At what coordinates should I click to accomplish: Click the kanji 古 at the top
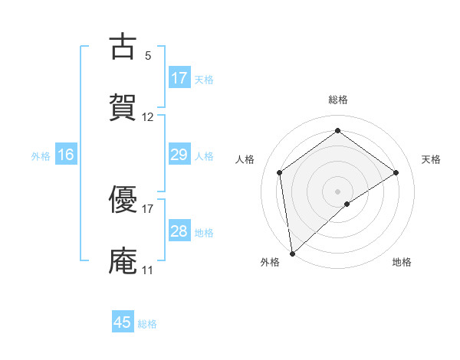point(123,47)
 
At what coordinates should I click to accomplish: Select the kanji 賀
point(123,107)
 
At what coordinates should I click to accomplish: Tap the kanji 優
point(123,201)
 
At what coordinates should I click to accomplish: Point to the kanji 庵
point(123,260)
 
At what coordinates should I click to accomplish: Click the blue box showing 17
point(179,77)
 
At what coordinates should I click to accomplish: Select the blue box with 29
point(179,155)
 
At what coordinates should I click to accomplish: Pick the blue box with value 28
point(179,231)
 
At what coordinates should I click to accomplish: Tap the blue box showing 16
point(66,155)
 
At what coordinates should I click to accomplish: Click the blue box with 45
point(123,322)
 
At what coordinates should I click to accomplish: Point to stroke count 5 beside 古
point(148,56)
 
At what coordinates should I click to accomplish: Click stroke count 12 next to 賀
point(148,117)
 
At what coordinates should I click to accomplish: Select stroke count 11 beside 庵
point(147,270)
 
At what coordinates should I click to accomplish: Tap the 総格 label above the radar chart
point(337,100)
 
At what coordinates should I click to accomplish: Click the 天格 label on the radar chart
point(431,159)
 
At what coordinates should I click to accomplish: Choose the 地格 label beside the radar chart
point(402,262)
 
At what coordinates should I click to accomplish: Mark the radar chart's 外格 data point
point(291,254)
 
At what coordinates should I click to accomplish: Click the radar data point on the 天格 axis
point(396,172)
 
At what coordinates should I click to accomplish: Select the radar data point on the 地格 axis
point(347,204)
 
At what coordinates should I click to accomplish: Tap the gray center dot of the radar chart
point(337,191)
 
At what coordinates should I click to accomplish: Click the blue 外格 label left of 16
point(41,155)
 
